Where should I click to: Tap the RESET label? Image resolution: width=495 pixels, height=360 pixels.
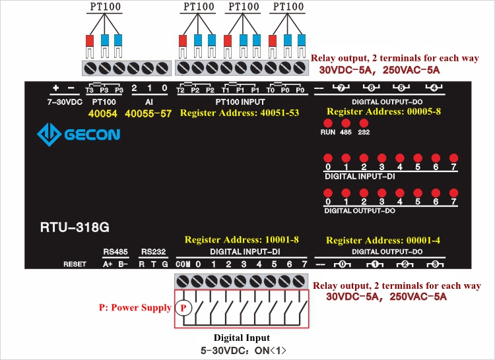pyautogui.click(x=75, y=264)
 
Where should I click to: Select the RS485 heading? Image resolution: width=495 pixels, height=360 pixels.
pyautogui.click(x=115, y=252)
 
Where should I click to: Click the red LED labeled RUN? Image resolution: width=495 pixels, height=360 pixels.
pyautogui.click(x=328, y=123)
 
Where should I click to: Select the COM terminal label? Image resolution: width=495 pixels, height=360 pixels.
pyautogui.click(x=183, y=264)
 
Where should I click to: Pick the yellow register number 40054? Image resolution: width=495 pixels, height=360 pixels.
pyautogui.click(x=104, y=113)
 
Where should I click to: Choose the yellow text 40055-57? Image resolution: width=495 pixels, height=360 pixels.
pyautogui.click(x=148, y=113)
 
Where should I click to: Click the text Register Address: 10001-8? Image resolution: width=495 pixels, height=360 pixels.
pyautogui.click(x=242, y=240)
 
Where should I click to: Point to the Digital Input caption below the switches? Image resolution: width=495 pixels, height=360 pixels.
pyautogui.click(x=242, y=338)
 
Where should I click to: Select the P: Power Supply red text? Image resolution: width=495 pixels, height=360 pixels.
pyautogui.click(x=135, y=307)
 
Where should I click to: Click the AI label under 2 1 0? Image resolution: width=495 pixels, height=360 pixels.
pyautogui.click(x=148, y=102)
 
